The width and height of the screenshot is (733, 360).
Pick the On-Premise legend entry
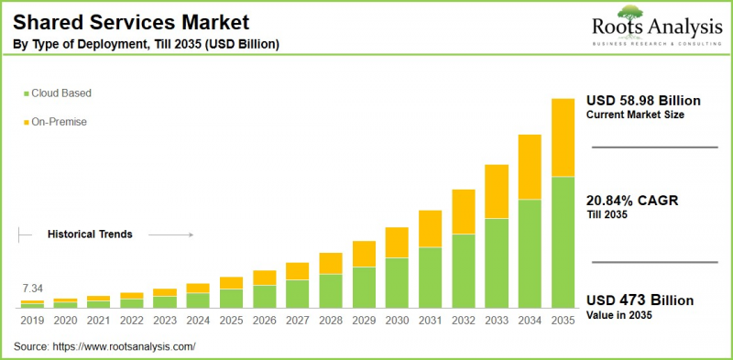(59, 121)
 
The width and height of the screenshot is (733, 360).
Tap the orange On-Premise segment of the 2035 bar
(562, 137)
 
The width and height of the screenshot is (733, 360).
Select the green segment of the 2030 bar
(397, 282)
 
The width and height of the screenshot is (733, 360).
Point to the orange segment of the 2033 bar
(496, 191)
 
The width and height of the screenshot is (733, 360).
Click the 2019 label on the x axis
(33, 321)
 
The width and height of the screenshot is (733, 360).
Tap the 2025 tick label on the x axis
(231, 321)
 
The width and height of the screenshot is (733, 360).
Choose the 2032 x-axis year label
(463, 321)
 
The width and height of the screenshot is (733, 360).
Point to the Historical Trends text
(90, 235)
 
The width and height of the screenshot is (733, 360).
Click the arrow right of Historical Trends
(170, 235)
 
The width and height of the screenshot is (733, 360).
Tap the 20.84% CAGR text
(632, 200)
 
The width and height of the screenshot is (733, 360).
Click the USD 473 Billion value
(640, 300)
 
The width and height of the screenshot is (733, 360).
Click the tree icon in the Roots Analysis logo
(630, 12)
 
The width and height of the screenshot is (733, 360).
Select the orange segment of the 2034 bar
(529, 167)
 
